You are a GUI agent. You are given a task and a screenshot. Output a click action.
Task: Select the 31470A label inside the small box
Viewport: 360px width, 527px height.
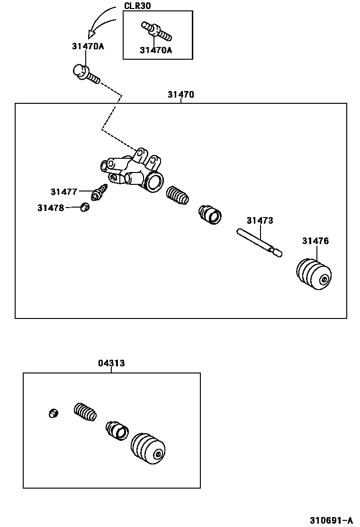coord(156,50)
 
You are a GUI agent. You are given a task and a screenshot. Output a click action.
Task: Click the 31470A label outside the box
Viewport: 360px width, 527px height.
coord(88,46)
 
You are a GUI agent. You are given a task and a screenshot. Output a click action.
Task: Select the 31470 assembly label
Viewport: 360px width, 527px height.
coord(180,95)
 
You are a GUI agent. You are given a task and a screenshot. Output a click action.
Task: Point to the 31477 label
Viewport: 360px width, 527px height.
coord(63,192)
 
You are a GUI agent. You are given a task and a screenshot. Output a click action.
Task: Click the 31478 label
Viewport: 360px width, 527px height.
coord(51,208)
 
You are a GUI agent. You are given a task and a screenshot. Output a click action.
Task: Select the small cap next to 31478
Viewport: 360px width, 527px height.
coord(85,207)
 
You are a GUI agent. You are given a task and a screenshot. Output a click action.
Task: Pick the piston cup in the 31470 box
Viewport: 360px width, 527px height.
coord(209,215)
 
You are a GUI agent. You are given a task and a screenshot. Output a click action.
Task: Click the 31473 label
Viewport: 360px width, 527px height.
coord(260,221)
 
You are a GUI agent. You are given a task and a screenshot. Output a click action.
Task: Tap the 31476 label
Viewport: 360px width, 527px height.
coord(315,241)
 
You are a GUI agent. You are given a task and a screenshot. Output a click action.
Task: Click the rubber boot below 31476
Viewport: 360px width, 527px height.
coord(314,274)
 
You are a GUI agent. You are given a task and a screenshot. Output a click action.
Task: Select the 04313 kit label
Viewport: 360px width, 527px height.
coord(111,363)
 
